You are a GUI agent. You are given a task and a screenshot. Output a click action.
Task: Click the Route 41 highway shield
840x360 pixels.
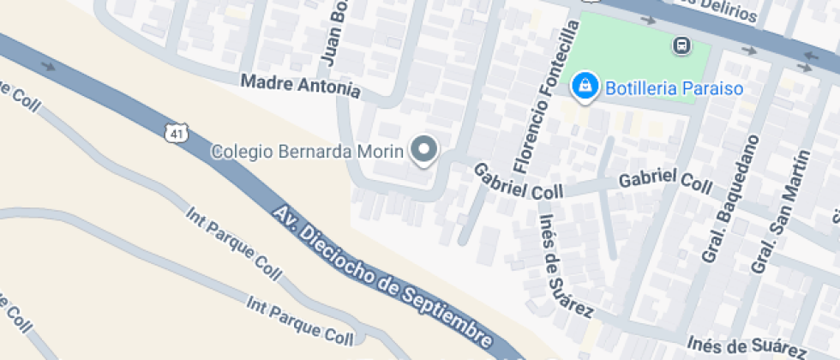pyautogui.click(x=175, y=134)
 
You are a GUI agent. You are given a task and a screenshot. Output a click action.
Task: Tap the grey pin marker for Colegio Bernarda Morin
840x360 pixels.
pyautogui.click(x=424, y=151)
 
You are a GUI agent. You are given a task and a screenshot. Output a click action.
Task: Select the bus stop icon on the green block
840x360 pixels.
pyautogui.click(x=682, y=45)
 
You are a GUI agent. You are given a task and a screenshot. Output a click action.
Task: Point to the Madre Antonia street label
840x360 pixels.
pyautogui.click(x=300, y=87)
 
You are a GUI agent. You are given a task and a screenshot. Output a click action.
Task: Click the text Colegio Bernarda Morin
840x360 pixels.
pyautogui.click(x=307, y=152)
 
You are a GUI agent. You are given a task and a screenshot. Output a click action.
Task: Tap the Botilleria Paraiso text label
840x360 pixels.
pyautogui.click(x=674, y=87)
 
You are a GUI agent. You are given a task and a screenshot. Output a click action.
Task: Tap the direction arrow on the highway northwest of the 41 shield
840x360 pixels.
pyautogui.click(x=48, y=65)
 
